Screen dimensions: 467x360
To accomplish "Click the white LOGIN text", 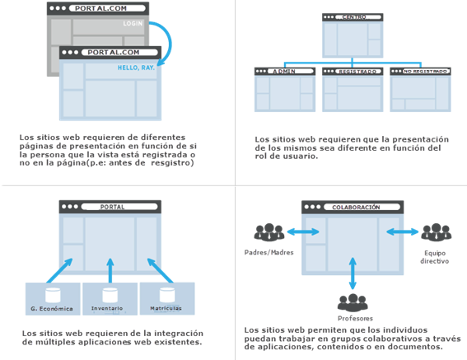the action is pyautogui.click(x=133, y=23).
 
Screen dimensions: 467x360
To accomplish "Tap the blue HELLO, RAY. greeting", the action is pyautogui.click(x=136, y=68).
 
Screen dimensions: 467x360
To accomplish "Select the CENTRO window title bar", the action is pyautogui.click(x=353, y=17).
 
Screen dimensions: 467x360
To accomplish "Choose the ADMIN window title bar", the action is pyautogui.click(x=285, y=71).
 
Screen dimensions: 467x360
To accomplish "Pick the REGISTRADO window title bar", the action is pyautogui.click(x=353, y=71).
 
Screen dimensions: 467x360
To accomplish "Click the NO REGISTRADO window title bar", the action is pyautogui.click(x=420, y=71).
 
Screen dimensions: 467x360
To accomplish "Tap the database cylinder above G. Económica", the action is pyautogui.click(x=53, y=295).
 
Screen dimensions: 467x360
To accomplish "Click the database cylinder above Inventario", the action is pyautogui.click(x=110, y=295).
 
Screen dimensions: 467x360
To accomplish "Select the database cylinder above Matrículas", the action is pyautogui.click(x=167, y=295).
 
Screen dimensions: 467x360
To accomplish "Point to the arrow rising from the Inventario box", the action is pyautogui.click(x=110, y=270).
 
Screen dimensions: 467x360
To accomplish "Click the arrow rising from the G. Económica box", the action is pyautogui.click(x=59, y=270).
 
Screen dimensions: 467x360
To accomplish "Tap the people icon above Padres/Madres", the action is pyautogui.click(x=269, y=232).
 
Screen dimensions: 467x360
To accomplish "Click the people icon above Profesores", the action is pyautogui.click(x=353, y=303).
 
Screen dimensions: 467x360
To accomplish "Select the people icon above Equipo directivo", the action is pyautogui.click(x=437, y=232).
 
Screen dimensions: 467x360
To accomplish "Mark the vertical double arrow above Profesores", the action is pyautogui.click(x=353, y=274).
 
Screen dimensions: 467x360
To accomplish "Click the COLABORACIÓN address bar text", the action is pyautogui.click(x=356, y=207).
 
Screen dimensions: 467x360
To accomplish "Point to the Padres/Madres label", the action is pyautogui.click(x=269, y=252).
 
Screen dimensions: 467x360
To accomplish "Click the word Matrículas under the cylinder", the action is pyautogui.click(x=166, y=308).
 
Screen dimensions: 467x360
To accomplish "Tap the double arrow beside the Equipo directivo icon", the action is pyautogui.click(x=403, y=231).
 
